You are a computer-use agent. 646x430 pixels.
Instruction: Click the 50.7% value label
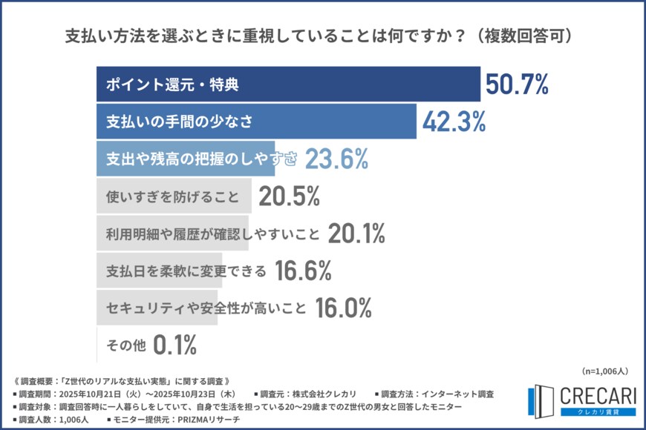[x=517, y=85]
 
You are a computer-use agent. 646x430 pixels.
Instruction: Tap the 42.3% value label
[x=454, y=122]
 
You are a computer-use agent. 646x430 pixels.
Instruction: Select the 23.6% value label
[x=337, y=158]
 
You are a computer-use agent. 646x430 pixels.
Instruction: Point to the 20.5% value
[x=289, y=196]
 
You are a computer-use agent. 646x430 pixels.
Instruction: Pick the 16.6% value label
[x=303, y=271]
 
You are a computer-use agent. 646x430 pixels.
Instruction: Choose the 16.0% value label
[x=344, y=308]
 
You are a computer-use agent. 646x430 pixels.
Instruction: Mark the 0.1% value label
[x=174, y=344]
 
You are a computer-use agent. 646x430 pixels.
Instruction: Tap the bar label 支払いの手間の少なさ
[x=170, y=122]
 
